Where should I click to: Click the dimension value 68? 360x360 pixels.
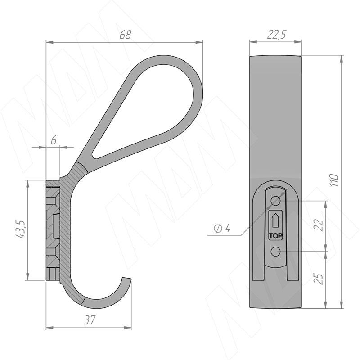tap(126, 35)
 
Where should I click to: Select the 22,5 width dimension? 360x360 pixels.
tap(276, 35)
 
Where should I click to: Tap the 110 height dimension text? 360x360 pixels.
tap(335, 180)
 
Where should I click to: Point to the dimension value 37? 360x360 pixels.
tap(89, 320)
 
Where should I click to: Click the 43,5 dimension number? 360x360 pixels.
tap(20, 229)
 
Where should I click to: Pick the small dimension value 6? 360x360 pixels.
tap(54, 140)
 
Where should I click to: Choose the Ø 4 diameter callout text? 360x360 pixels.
tap(222, 229)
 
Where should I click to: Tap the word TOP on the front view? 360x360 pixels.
tap(275, 236)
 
